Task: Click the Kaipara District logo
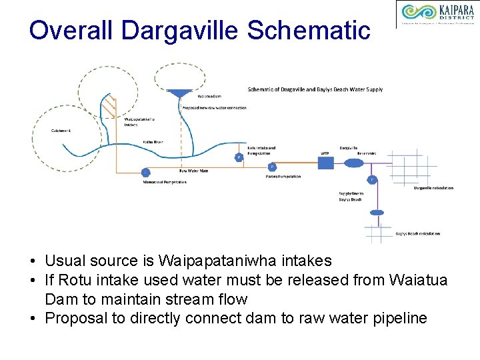point(437,15)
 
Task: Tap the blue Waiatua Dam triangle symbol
point(178,94)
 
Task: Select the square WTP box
point(326,163)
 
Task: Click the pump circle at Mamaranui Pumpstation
point(145,173)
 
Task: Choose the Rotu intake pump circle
point(239,157)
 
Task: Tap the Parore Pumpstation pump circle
point(272,167)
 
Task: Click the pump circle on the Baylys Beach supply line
point(372,179)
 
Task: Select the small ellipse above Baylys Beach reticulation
point(377,213)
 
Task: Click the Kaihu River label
point(153,142)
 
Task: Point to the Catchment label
point(61,131)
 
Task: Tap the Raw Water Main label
point(193,171)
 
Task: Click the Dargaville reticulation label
point(433,188)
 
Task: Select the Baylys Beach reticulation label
point(417,233)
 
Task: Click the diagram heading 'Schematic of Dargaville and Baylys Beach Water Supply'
point(315,89)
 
